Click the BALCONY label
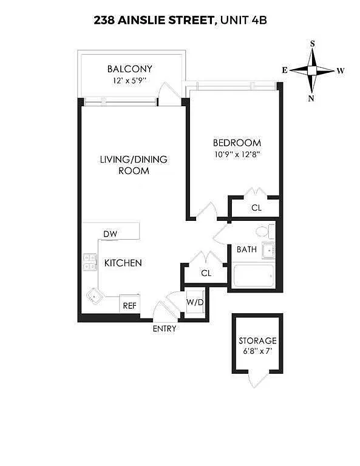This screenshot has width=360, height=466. pos(129,69)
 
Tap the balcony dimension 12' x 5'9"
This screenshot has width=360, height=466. pos(129,81)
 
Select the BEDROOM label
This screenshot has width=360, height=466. pos(237,143)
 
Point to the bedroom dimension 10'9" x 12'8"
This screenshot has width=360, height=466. pos(237,155)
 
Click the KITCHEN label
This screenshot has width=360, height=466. pos(123,263)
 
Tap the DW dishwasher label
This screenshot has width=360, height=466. pos(110,234)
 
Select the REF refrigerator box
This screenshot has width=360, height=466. pos(129,304)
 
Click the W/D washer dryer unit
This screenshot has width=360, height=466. pos(195,303)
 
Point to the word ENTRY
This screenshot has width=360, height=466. pos(165,329)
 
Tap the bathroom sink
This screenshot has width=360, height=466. pos(268,251)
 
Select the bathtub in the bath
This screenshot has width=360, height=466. pos(254,276)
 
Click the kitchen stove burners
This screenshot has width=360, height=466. pos(90,262)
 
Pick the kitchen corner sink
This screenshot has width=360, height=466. pos(95,296)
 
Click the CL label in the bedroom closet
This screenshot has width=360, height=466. pos(256,208)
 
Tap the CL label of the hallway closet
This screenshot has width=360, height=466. pos(206,273)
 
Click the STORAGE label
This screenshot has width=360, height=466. pos(257,340)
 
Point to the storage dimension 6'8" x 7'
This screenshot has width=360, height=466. pos(257,351)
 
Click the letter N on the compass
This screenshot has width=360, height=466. pos(311,99)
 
